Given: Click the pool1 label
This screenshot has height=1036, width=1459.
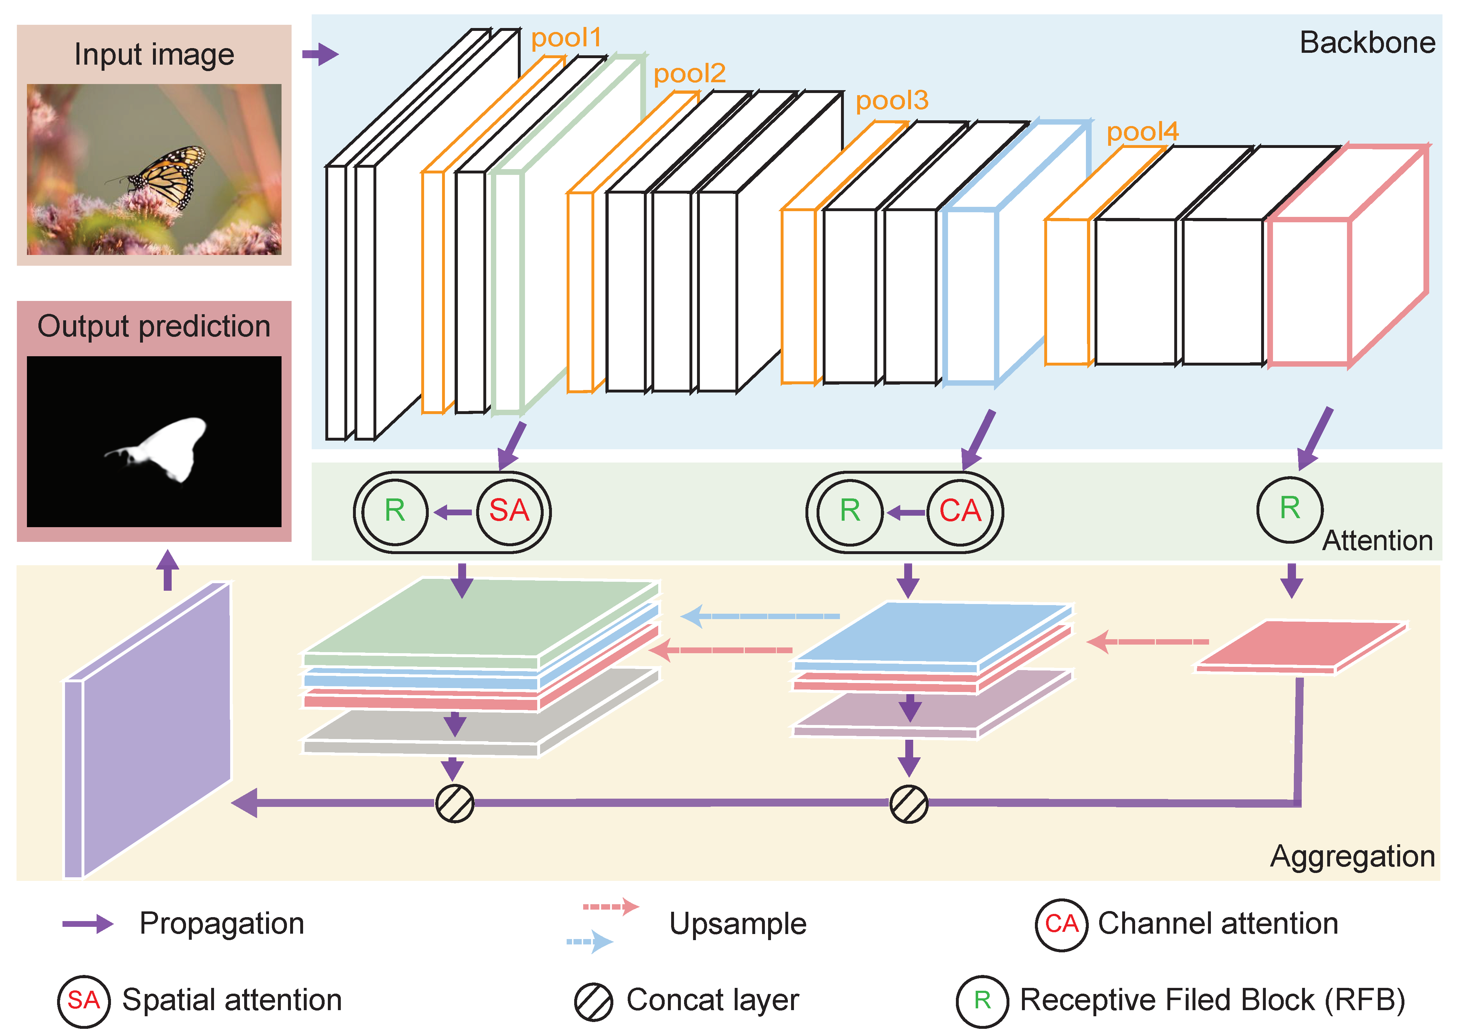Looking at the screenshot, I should click(x=566, y=38).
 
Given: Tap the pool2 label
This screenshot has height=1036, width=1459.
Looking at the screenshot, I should click(x=689, y=74).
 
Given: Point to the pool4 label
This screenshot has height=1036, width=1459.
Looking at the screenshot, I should click(x=1142, y=132).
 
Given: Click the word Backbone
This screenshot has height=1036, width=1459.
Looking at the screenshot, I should click(x=1367, y=43).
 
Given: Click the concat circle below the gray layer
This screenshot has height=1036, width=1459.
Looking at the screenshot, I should click(x=454, y=803).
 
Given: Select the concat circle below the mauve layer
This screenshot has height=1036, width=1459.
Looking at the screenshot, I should click(x=909, y=804).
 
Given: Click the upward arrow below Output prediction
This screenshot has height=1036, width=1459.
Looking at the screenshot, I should click(x=168, y=570).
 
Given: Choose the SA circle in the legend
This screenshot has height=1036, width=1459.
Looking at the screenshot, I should click(x=84, y=1000).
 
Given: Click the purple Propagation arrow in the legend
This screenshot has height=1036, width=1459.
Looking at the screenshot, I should click(x=87, y=924).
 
